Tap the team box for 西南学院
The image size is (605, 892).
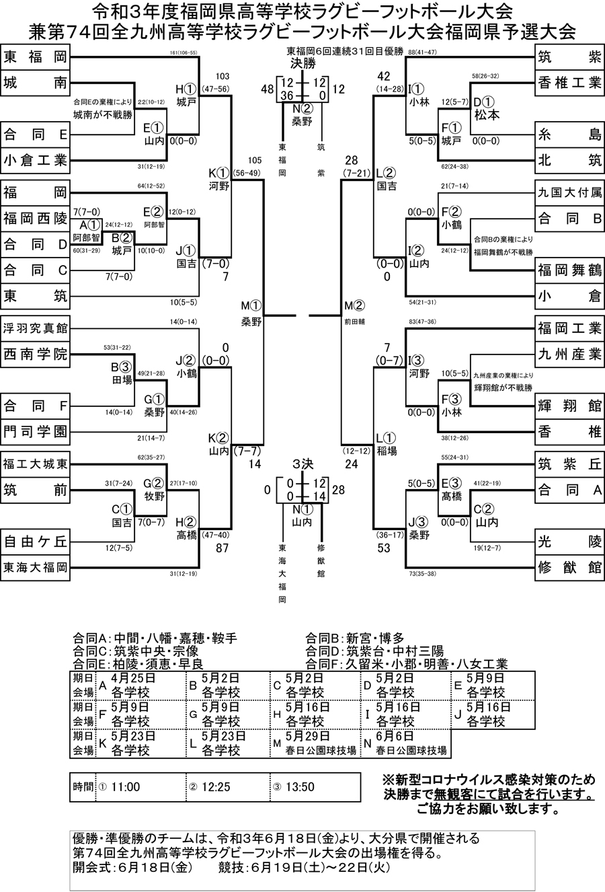click(35, 354)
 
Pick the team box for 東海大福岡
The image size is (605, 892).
click(35, 567)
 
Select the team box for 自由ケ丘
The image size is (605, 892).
click(35, 541)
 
